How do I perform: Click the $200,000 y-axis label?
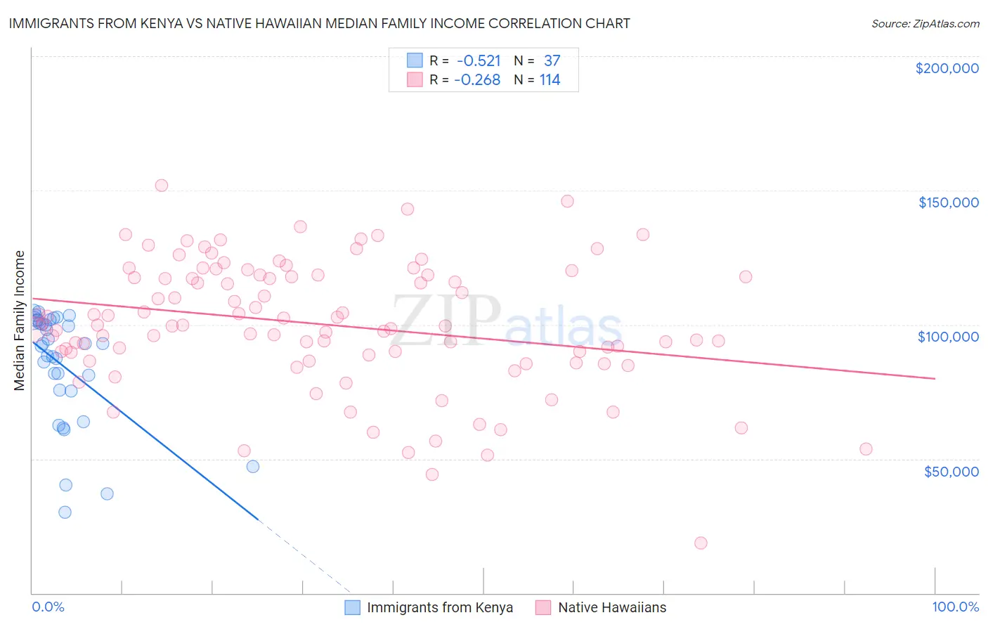tap(947, 68)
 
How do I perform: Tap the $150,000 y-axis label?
tap(948, 202)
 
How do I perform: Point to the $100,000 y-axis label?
tap(948, 337)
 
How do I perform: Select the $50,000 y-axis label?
tap(951, 471)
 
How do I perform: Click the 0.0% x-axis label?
tap(48, 607)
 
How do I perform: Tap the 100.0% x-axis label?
tap(955, 607)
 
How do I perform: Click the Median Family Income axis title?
tap(20, 321)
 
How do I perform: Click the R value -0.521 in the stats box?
tap(479, 61)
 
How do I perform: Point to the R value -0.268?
tap(477, 80)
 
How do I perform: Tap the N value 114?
tap(550, 80)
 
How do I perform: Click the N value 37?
tap(552, 61)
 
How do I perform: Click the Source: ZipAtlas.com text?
tap(925, 24)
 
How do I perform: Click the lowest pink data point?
tap(701, 543)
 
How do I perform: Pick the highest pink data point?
tap(161, 186)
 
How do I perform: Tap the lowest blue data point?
tap(65, 512)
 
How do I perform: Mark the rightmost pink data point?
tap(866, 449)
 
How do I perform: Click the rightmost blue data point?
tap(253, 466)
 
